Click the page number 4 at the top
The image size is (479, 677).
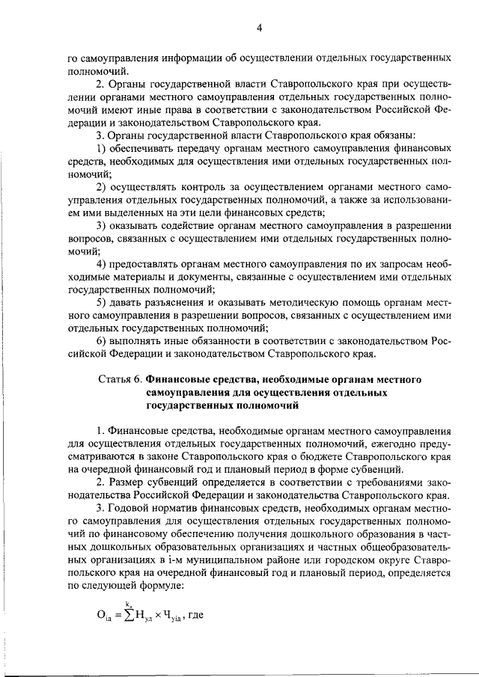(258, 28)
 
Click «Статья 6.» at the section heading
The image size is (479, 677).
(121, 379)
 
